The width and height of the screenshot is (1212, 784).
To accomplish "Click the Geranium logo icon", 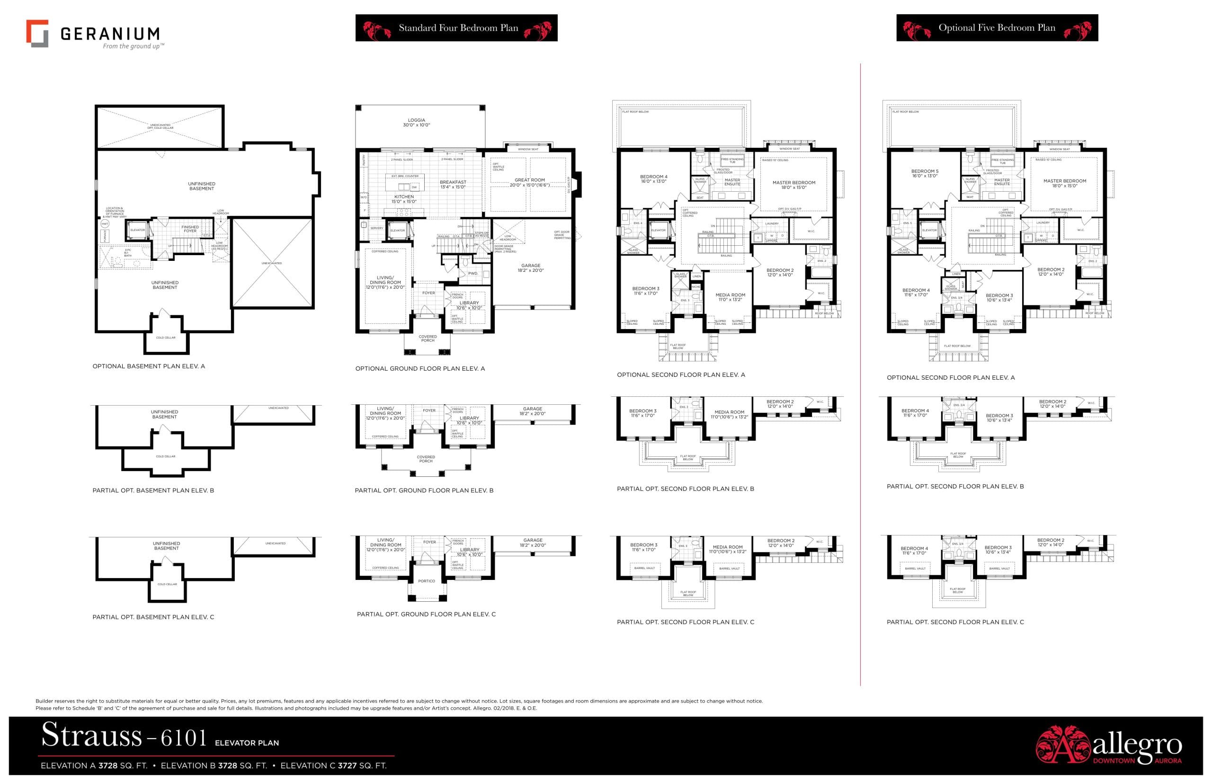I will (x=37, y=34).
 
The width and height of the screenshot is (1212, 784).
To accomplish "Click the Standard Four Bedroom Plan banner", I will (x=456, y=28).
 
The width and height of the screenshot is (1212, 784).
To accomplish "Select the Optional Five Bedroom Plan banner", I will (x=997, y=28).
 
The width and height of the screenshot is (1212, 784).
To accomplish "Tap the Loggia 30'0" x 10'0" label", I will (x=416, y=123).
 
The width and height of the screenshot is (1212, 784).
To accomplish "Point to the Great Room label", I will (x=529, y=180).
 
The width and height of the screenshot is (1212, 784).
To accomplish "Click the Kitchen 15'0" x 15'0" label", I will (x=404, y=199).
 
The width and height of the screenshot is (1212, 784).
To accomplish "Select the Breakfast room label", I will (x=453, y=184).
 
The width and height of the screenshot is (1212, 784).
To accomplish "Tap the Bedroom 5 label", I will (x=925, y=174).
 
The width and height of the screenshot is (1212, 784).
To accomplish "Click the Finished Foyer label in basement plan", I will (x=190, y=229).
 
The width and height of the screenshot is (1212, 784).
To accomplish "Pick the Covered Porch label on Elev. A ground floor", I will (x=428, y=338).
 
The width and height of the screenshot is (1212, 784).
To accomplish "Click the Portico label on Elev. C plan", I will (x=426, y=581).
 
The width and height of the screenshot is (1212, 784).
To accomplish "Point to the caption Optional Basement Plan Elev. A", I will (x=149, y=366).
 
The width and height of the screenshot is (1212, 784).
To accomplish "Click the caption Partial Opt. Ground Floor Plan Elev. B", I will (x=424, y=490).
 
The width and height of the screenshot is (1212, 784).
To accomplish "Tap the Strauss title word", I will (x=92, y=735).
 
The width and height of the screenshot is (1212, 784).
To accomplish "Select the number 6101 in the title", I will (x=184, y=738).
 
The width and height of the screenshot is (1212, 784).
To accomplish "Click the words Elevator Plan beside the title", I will (x=246, y=743).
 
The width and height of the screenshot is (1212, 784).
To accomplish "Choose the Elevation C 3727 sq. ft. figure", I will (x=333, y=766).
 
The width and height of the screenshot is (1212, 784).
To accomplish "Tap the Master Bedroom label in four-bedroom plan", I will (x=793, y=185).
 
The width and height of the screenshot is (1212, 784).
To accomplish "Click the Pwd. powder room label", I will (x=472, y=273).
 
